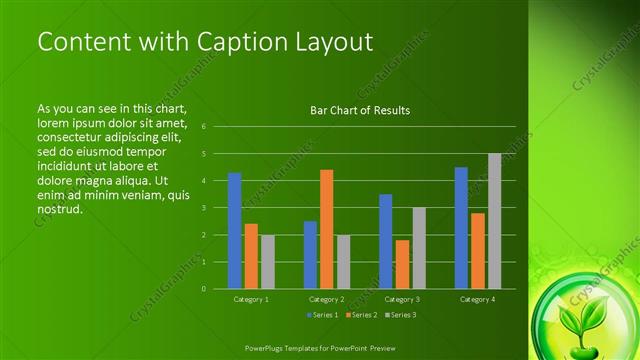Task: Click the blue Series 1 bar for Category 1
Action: tap(234, 230)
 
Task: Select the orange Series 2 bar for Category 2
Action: tap(326, 229)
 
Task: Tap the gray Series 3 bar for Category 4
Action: tap(494, 221)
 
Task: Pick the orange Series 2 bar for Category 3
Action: tap(402, 264)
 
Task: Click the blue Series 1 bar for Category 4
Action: tap(461, 228)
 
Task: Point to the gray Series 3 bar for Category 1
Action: tap(267, 261)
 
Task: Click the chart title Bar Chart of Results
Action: tap(360, 111)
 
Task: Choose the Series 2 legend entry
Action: tap(359, 315)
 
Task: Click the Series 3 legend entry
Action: tap(399, 315)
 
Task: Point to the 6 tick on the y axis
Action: tap(203, 127)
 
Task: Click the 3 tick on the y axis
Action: tap(203, 208)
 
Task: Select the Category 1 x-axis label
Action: tap(251, 299)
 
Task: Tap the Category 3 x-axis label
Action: tap(402, 299)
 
